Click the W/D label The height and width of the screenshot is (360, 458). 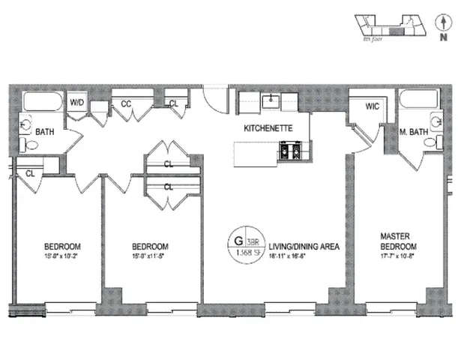[x=77, y=103]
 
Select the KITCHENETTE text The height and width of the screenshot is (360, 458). [x=267, y=129]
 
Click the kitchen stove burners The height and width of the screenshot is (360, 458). [x=290, y=153]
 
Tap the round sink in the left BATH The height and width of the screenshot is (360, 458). [x=25, y=124]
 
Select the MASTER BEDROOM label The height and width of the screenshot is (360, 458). [x=397, y=242]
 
